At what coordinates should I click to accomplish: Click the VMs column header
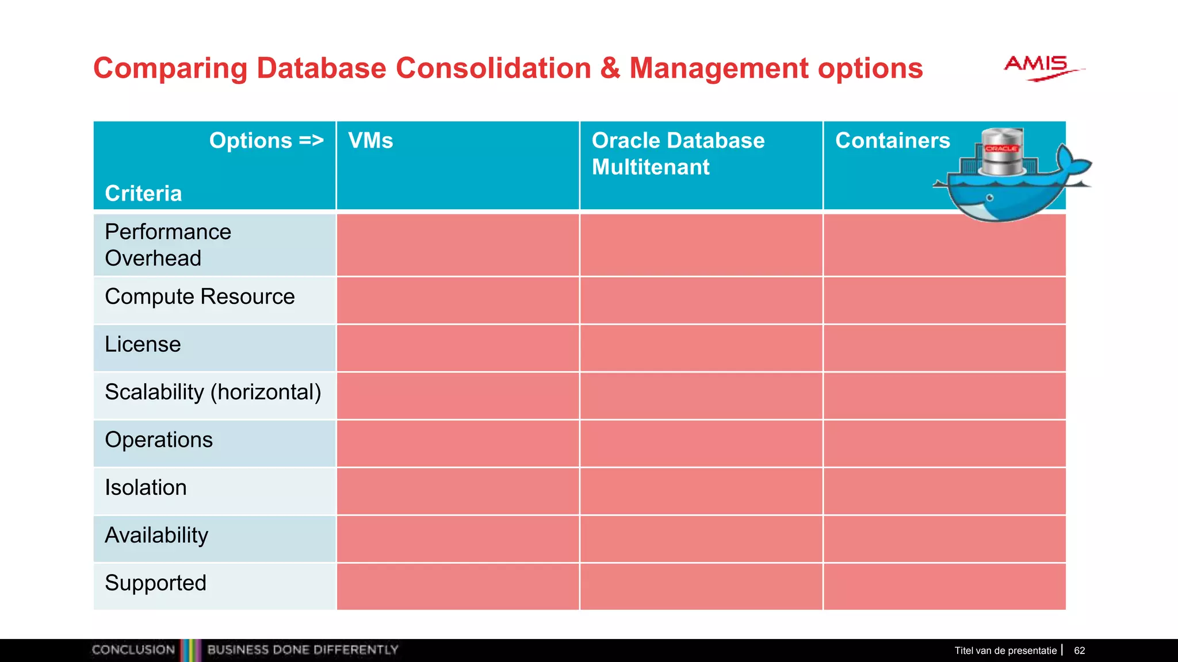pyautogui.click(x=370, y=141)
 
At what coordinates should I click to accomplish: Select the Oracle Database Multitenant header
pyautogui.click(x=678, y=153)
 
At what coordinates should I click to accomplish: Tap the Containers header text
pyautogui.click(x=892, y=141)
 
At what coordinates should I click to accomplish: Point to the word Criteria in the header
pyautogui.click(x=143, y=194)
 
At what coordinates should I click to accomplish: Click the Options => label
pyautogui.click(x=266, y=141)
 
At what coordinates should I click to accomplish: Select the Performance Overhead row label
pyautogui.click(x=168, y=245)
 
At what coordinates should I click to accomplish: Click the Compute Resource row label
pyautogui.click(x=200, y=297)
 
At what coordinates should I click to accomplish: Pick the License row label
pyautogui.click(x=143, y=344)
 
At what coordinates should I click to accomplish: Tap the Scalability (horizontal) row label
pyautogui.click(x=213, y=392)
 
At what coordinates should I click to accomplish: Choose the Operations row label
pyautogui.click(x=159, y=440)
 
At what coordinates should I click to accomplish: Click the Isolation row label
pyautogui.click(x=146, y=487)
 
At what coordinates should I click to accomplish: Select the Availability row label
pyautogui.click(x=156, y=535)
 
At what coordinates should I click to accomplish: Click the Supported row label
pyautogui.click(x=155, y=583)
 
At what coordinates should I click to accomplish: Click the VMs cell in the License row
pyautogui.click(x=457, y=348)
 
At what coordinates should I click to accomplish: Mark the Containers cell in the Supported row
pyautogui.click(x=944, y=586)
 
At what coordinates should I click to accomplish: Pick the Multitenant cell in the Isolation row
pyautogui.click(x=701, y=491)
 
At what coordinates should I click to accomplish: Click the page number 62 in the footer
pyautogui.click(x=1079, y=651)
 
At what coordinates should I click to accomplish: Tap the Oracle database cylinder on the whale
pyautogui.click(x=1002, y=152)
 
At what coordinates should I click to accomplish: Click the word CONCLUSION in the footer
pyautogui.click(x=133, y=650)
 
